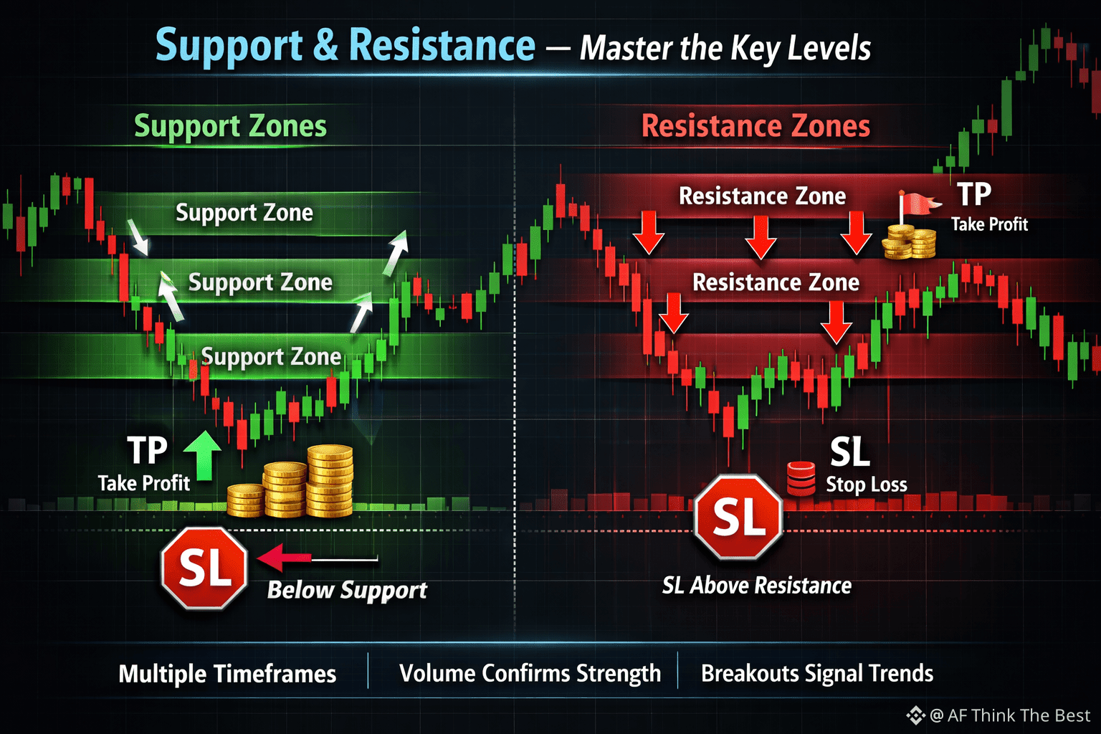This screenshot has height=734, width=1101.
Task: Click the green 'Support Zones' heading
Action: [231, 126]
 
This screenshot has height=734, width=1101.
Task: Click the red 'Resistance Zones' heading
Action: [756, 126]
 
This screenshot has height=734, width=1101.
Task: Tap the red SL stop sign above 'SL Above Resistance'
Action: [739, 518]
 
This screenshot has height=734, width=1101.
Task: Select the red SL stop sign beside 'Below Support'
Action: [204, 568]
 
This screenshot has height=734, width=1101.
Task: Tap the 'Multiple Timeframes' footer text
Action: [227, 674]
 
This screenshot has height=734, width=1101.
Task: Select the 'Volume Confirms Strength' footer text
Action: [530, 674]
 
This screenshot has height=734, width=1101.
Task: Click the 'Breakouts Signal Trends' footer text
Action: [817, 674]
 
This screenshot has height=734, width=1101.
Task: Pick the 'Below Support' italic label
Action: [347, 590]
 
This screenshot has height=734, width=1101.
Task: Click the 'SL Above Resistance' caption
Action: [757, 586]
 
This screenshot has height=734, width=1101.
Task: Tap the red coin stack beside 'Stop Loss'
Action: [801, 478]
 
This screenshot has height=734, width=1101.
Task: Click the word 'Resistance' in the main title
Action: [442, 46]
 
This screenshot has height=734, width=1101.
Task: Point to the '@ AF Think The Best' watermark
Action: [999, 715]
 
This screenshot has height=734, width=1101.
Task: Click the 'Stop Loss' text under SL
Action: [867, 485]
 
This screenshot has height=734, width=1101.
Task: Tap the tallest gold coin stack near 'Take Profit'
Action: [330, 480]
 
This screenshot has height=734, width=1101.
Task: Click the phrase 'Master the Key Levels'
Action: [725, 49]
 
